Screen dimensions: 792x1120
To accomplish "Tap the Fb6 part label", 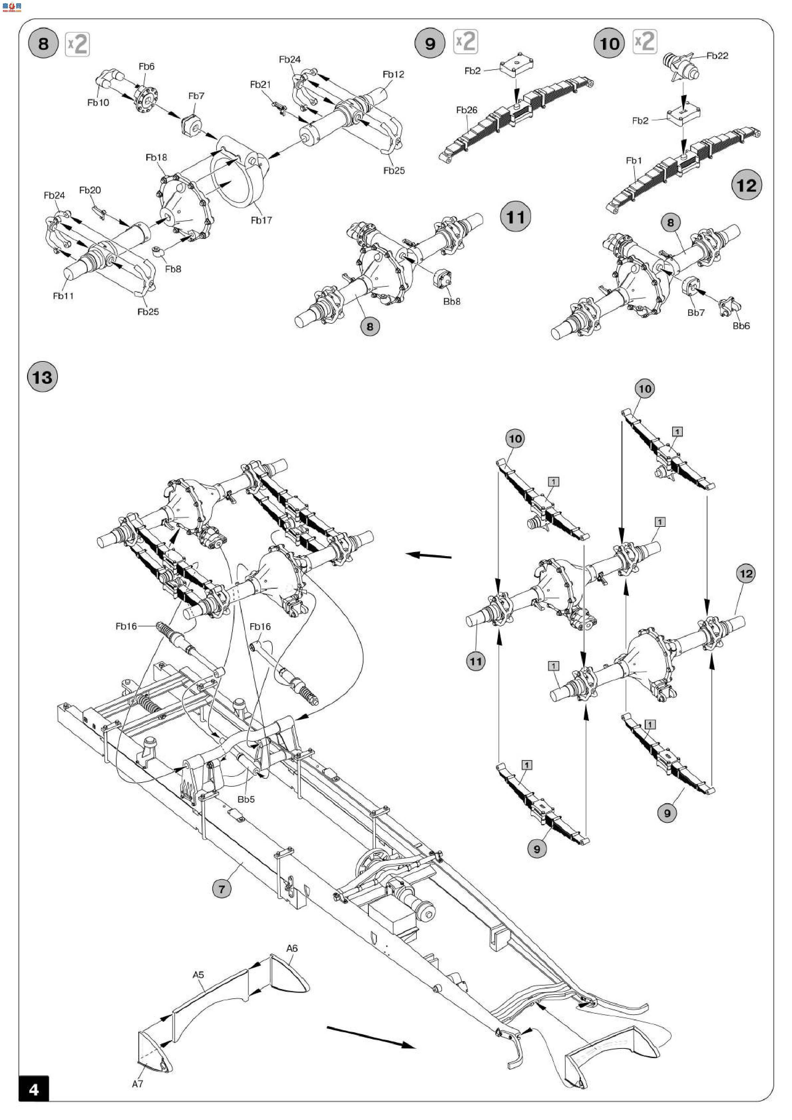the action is click(146, 67).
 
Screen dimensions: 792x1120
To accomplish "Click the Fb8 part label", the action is click(173, 269).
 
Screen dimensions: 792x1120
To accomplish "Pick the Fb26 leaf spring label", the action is click(467, 110).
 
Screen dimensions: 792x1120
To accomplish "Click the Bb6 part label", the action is click(741, 326).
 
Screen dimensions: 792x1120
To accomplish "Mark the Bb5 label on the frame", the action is click(246, 799).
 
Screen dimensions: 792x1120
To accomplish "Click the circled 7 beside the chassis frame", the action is click(222, 889).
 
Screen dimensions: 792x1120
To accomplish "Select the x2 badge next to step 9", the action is click(466, 42).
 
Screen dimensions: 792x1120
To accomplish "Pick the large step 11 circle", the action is click(516, 217).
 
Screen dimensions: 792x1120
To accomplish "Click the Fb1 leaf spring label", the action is click(634, 161).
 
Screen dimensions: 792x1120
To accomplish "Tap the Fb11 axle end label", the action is click(64, 296).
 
